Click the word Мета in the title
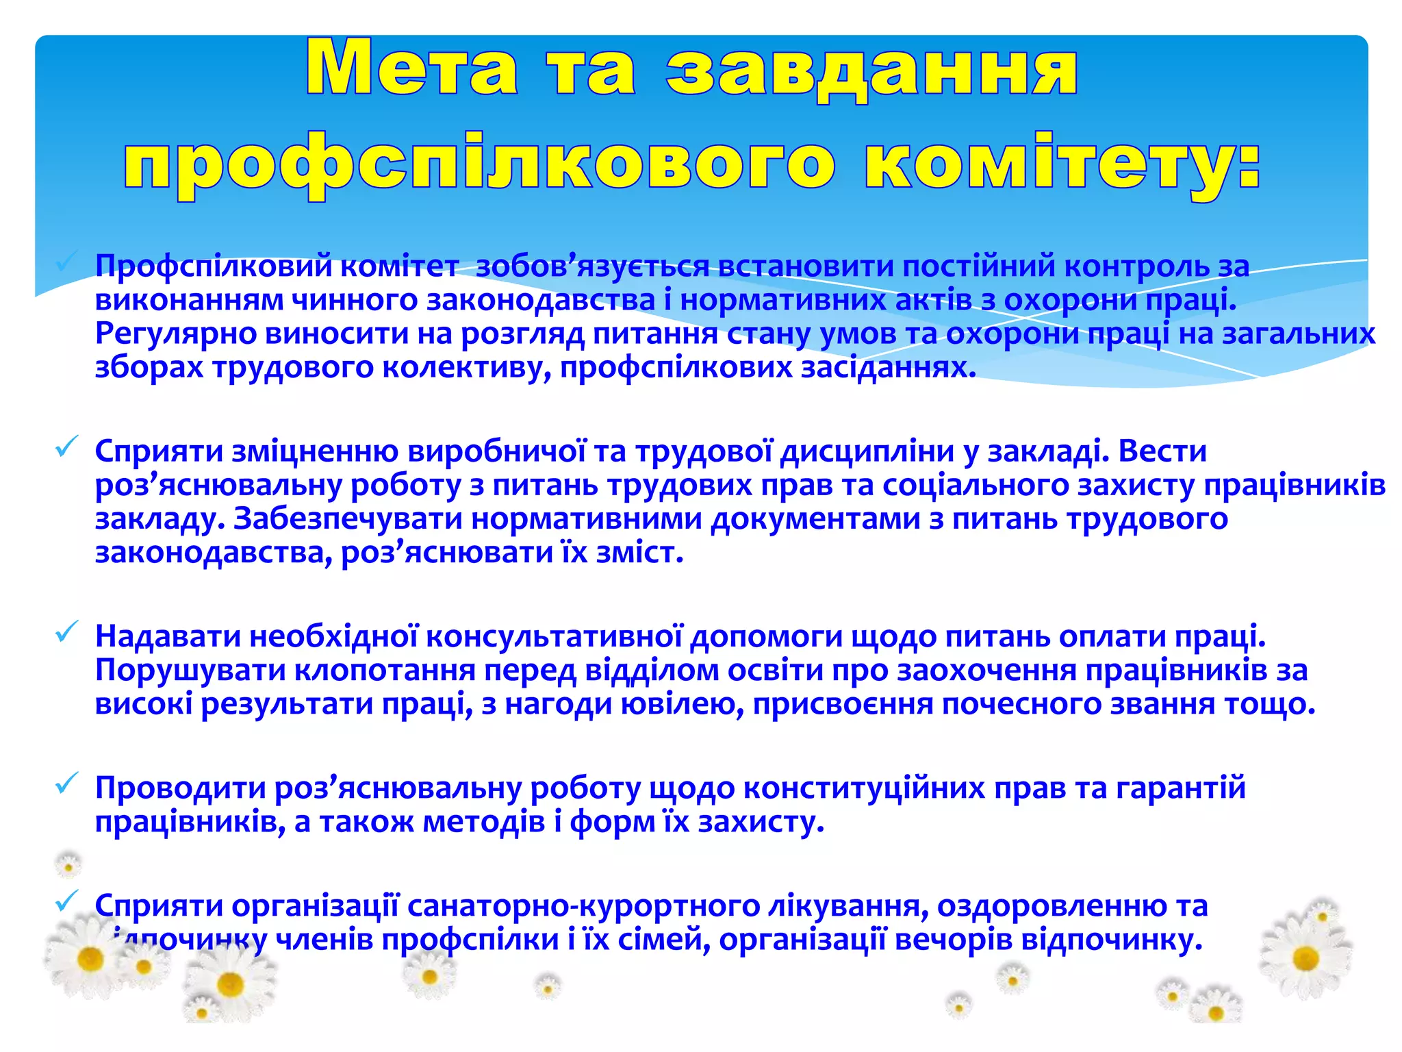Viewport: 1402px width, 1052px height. point(411,68)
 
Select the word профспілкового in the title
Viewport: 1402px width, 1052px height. point(479,164)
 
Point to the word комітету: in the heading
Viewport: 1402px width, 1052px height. point(1062,164)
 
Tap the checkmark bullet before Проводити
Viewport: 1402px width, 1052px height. point(66,784)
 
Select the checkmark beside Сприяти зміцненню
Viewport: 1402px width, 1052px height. point(66,447)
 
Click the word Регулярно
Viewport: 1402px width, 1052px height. point(175,334)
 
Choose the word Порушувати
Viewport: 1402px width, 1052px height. point(190,671)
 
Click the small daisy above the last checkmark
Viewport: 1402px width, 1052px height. point(68,866)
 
